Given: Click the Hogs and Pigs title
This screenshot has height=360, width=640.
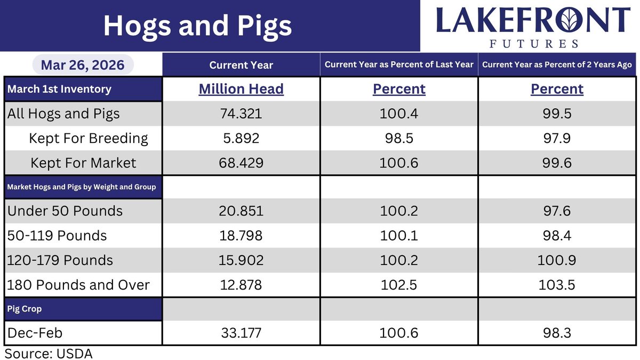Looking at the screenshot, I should tap(197, 26).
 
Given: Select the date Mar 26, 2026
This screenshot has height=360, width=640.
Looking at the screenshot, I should tap(82, 65).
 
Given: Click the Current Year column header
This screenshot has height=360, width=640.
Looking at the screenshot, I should tap(241, 65).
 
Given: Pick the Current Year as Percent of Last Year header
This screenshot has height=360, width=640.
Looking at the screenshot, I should tap(399, 65).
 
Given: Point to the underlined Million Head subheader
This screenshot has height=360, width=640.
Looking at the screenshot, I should tap(241, 89).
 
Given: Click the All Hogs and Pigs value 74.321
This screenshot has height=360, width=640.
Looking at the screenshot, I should tap(241, 114).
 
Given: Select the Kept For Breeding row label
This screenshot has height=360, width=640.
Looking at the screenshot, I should tap(89, 138).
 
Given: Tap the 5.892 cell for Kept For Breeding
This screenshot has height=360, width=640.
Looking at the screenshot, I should tap(241, 138).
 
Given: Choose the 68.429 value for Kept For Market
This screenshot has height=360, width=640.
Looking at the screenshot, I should tap(241, 163).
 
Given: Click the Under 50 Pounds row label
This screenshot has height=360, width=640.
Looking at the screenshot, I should tap(65, 211).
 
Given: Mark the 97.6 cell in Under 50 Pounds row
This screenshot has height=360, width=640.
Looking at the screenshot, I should tap(557, 211).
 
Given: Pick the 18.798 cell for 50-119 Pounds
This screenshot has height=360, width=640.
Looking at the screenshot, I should tap(241, 236).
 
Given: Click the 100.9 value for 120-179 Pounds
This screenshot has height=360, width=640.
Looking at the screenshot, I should tap(557, 260).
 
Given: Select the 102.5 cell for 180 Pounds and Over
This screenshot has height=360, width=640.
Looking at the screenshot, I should tap(399, 285).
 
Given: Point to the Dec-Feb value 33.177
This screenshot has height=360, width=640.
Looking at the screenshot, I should tap(241, 333).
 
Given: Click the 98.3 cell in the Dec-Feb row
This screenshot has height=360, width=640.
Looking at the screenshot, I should tap(557, 333).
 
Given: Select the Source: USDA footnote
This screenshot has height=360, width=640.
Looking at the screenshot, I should tap(49, 353).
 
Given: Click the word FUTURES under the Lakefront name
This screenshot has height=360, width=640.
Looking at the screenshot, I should tap(533, 43).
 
